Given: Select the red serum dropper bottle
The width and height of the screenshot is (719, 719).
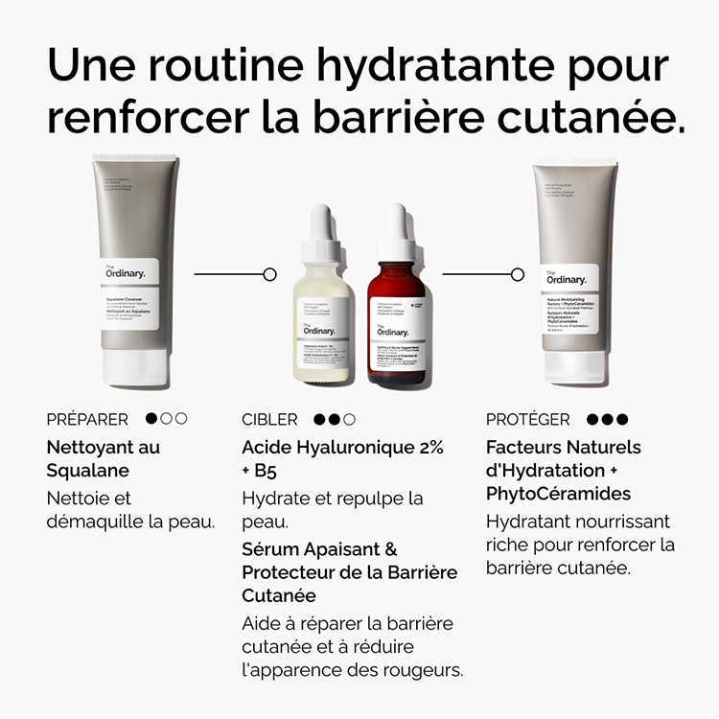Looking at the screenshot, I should pyautogui.click(x=397, y=316).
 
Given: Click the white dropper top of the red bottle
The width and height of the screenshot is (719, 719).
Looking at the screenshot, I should pyautogui.click(x=396, y=235).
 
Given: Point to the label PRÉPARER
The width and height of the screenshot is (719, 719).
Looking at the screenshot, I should pyautogui.click(x=87, y=419).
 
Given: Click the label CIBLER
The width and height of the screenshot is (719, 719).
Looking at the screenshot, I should pyautogui.click(x=269, y=419).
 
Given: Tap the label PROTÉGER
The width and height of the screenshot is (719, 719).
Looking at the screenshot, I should pyautogui.click(x=527, y=419).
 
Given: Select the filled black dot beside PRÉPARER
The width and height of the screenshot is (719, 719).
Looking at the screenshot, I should pyautogui.click(x=151, y=419).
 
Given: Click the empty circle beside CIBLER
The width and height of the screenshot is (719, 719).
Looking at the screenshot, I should pyautogui.click(x=349, y=419).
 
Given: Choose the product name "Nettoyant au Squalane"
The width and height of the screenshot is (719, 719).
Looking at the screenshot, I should pyautogui.click(x=104, y=458).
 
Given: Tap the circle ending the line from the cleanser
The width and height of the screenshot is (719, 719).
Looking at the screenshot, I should pyautogui.click(x=269, y=274).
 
